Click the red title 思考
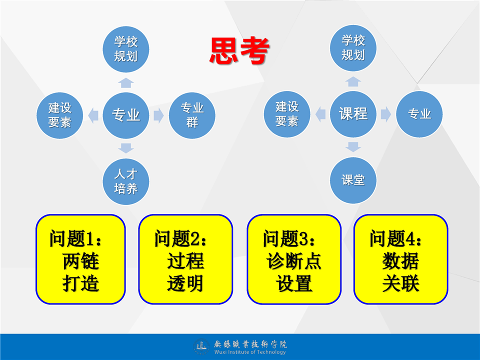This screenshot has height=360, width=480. click(x=239, y=50)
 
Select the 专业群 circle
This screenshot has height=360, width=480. click(x=192, y=115)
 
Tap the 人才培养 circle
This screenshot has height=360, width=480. click(x=126, y=181)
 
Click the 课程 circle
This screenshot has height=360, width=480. click(x=353, y=114)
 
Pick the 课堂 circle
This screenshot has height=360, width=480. click(x=353, y=180)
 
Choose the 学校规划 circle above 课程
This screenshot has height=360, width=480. click(x=353, y=48)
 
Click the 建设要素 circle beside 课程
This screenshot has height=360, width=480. click(x=287, y=114)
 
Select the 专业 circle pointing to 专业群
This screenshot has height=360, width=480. click(x=126, y=115)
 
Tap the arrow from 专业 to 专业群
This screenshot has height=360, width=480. click(x=158, y=115)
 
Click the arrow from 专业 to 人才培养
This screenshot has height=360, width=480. click(x=126, y=148)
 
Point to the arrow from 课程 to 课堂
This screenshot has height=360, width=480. click(x=353, y=147)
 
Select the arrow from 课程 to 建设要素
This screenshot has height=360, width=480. click(x=320, y=114)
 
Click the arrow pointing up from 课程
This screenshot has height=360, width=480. click(x=353, y=81)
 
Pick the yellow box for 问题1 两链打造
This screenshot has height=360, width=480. click(x=80, y=259)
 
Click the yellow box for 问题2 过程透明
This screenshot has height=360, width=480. click(x=185, y=259)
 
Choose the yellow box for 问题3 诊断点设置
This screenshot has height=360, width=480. click(x=294, y=259)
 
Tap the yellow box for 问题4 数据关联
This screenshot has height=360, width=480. click(x=400, y=259)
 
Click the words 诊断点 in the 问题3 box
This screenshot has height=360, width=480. click(x=294, y=261)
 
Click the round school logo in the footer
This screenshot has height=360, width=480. click(x=201, y=346)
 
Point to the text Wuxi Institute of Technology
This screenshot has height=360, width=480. click(x=250, y=352)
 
